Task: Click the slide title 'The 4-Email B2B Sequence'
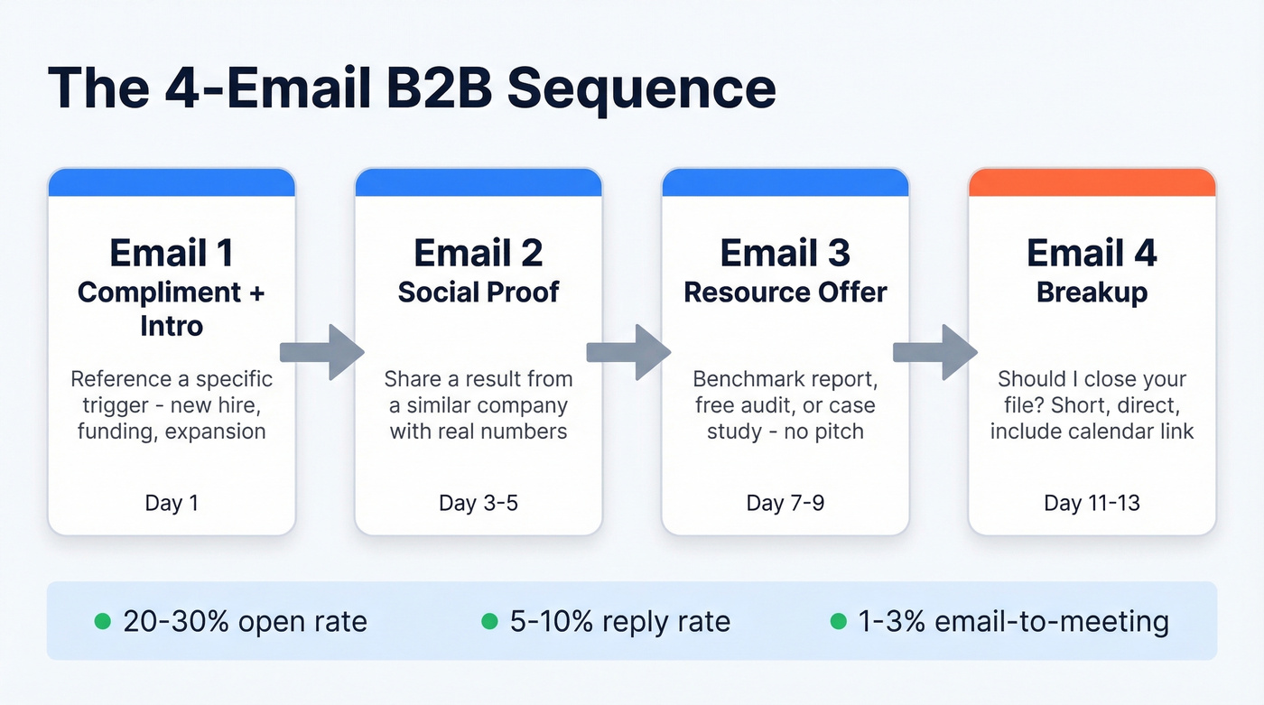tap(411, 88)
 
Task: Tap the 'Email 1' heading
tap(172, 254)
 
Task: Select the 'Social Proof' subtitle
tap(479, 292)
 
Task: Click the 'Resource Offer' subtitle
tap(785, 292)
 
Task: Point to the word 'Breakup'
tap(1092, 292)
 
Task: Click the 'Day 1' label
tap(172, 503)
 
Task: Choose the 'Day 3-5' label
tap(479, 503)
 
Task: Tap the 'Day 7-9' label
tap(785, 503)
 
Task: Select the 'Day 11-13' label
tap(1092, 503)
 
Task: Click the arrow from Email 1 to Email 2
tap(322, 352)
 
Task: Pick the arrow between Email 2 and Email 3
tap(629, 352)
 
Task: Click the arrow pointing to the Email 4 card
tap(936, 352)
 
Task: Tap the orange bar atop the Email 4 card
tap(1092, 183)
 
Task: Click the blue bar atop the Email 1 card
tap(172, 183)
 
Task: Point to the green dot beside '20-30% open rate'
tap(103, 621)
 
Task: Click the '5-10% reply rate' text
tap(618, 621)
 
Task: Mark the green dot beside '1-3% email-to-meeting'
tap(838, 621)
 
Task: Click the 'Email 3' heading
tap(785, 254)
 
